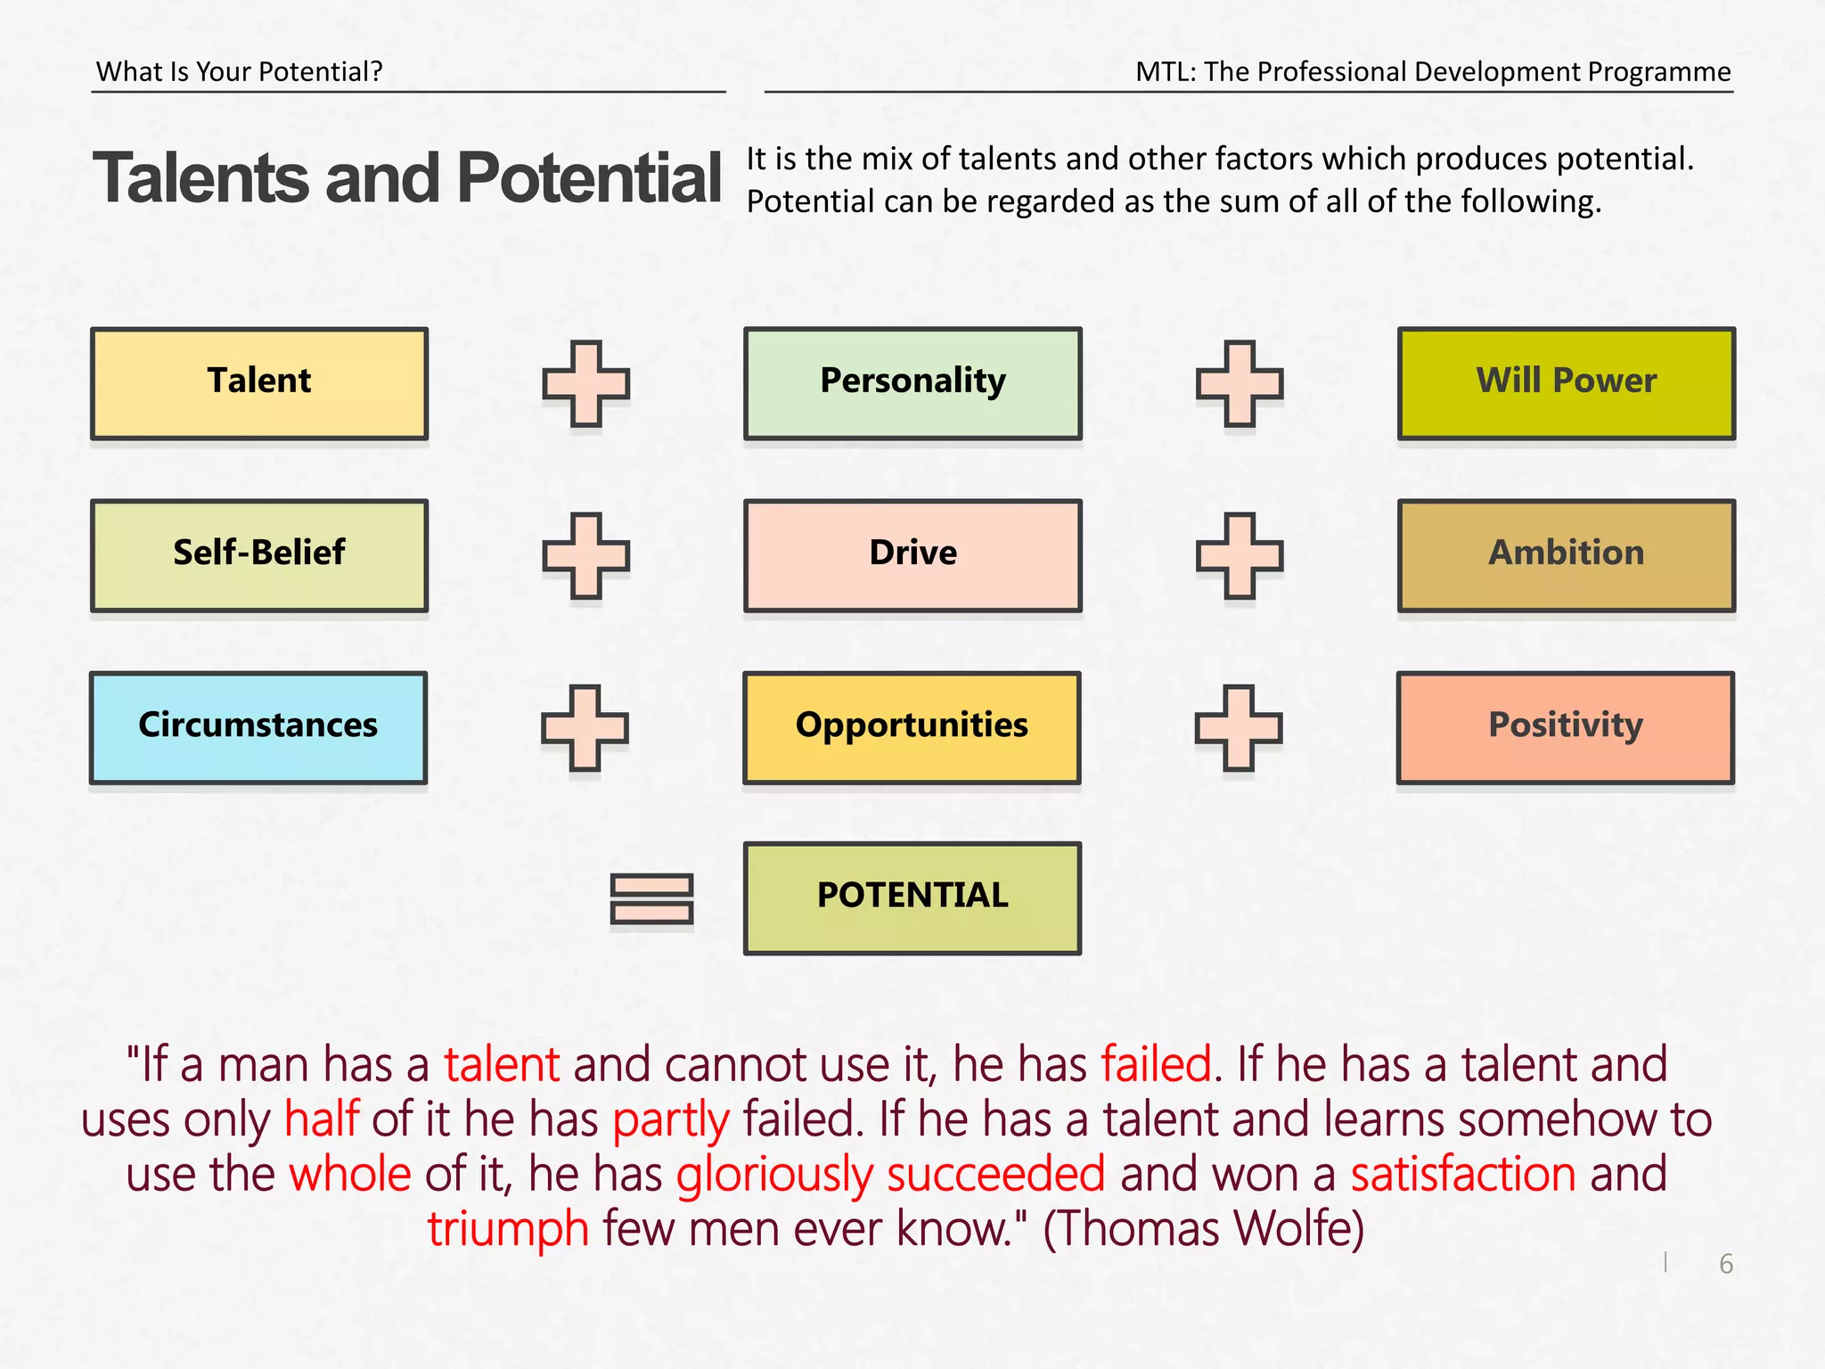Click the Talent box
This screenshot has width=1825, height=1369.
(259, 383)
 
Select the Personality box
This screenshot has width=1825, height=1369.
(912, 383)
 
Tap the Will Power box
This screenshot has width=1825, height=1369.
(1566, 383)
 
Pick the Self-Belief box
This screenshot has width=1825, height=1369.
(259, 555)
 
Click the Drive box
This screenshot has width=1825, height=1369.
(912, 555)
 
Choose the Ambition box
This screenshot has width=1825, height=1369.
(1566, 555)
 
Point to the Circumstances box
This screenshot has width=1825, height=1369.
(258, 727)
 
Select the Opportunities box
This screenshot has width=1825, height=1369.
(912, 727)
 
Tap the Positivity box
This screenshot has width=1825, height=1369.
(1565, 727)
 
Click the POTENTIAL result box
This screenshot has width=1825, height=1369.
(912, 898)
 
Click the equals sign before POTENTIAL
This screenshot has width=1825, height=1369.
(651, 898)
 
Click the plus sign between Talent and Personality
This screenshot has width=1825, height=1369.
(586, 383)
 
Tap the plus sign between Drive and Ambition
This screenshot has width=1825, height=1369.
(1240, 555)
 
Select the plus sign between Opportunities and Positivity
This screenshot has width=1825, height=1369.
(1239, 727)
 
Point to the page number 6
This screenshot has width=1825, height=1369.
(1726, 1264)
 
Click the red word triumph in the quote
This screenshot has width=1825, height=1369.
(508, 1229)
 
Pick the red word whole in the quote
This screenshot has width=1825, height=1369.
(350, 1174)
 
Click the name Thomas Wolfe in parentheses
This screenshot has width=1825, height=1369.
(1203, 1229)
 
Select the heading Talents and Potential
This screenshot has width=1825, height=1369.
(407, 178)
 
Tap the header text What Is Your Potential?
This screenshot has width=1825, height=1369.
(240, 71)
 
